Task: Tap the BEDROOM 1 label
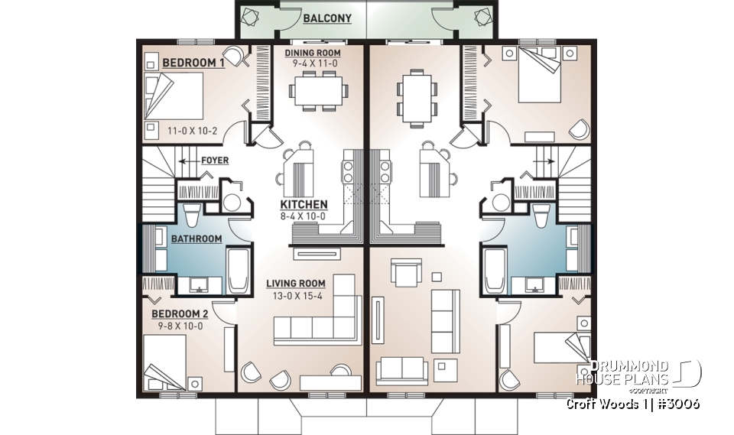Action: [193, 63]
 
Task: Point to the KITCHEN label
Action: [304, 205]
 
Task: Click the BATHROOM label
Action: [196, 239]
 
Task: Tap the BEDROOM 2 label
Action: [179, 314]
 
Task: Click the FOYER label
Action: [215, 161]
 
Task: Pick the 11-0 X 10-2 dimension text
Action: [193, 131]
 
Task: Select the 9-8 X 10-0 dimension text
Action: [177, 326]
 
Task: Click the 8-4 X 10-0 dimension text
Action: [304, 216]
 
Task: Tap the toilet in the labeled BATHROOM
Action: [192, 215]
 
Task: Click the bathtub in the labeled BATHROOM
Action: [238, 270]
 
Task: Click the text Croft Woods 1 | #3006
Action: [633, 403]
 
